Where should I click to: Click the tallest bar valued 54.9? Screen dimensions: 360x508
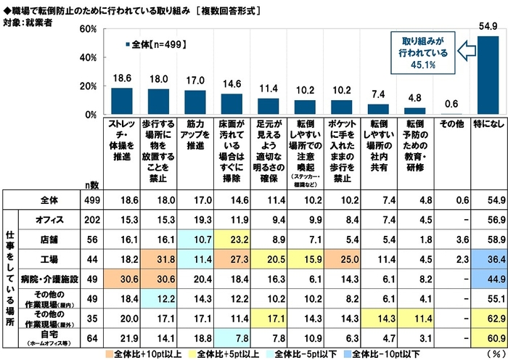pyautogui.click(x=487, y=75)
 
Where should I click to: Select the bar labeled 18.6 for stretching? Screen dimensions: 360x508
pyautogui.click(x=121, y=102)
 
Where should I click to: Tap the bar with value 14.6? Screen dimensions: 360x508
pyautogui.click(x=232, y=105)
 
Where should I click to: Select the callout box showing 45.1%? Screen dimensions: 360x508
pyautogui.click(x=422, y=52)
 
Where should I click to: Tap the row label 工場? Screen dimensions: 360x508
pyautogui.click(x=49, y=257)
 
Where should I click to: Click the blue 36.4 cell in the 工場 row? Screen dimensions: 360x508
pyautogui.click(x=488, y=257)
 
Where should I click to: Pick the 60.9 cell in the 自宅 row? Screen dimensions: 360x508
pyautogui.click(x=488, y=337)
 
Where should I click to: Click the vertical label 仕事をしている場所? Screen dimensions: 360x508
pyautogui.click(x=11, y=277)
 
